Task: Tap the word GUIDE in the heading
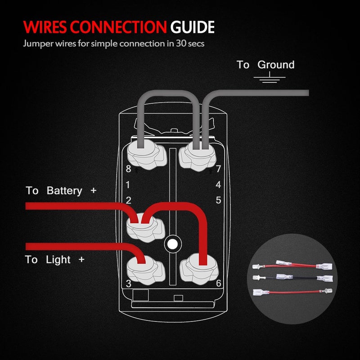click(192, 27)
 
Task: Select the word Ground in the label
click(276, 65)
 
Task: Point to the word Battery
click(64, 191)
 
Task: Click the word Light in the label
click(58, 260)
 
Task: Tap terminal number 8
click(128, 169)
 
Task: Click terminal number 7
click(218, 169)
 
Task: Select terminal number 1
click(128, 184)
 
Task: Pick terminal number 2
click(128, 200)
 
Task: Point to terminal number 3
click(128, 283)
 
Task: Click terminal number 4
click(218, 184)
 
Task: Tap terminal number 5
click(218, 200)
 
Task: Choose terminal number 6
click(218, 283)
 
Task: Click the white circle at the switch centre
click(171, 244)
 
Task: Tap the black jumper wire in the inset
click(292, 279)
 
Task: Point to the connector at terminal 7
click(197, 155)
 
